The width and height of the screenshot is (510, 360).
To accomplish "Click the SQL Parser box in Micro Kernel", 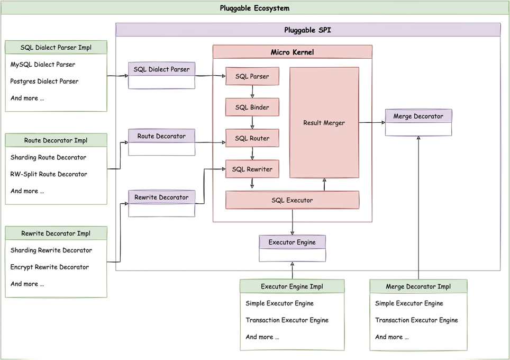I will tap(252, 76).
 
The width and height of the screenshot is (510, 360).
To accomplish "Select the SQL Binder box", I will tap(252, 107).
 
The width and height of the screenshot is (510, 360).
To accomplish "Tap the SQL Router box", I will tap(252, 138).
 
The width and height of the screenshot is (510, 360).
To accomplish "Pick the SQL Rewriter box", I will tap(252, 169).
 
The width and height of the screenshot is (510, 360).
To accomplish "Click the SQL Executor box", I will tap(292, 200).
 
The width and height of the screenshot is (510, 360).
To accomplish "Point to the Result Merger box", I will tap(324, 123).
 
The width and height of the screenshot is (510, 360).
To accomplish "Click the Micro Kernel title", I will tap(292, 52).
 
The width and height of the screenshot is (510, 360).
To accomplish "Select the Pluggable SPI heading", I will tap(308, 30).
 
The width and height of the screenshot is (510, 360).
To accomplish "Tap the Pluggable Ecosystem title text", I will tap(254, 8).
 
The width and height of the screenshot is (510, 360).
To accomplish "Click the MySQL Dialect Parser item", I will tap(43, 65).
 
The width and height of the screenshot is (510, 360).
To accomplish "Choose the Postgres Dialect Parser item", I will tap(44, 82).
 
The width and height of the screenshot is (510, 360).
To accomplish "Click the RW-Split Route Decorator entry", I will tap(49, 174).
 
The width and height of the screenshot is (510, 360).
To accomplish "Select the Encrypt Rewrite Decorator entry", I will tap(50, 267).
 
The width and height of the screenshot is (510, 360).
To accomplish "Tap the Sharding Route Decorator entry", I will tap(48, 157).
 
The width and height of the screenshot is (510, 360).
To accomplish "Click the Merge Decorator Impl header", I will tap(418, 286).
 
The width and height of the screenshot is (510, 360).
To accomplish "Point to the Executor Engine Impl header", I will tap(292, 286).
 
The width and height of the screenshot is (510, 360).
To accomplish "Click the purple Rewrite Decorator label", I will tap(161, 197).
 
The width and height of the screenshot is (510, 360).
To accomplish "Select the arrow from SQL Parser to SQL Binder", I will tap(252, 92).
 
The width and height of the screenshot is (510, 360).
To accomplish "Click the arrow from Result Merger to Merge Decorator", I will tap(372, 123).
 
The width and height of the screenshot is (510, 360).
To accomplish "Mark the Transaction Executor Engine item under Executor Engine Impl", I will tap(287, 320).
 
